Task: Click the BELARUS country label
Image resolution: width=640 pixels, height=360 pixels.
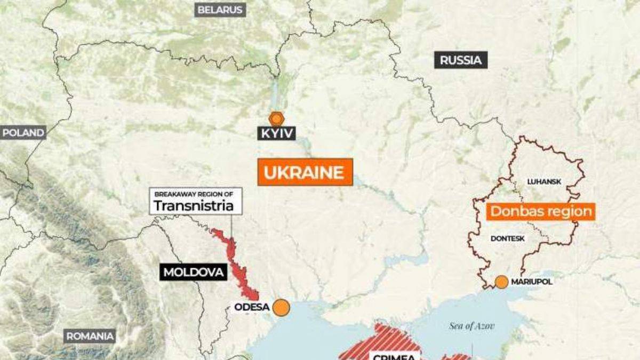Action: [220, 10]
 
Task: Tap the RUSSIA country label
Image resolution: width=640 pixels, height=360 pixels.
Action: [461, 60]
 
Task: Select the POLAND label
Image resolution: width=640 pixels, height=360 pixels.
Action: [23, 133]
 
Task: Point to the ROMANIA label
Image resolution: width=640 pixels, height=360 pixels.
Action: [90, 336]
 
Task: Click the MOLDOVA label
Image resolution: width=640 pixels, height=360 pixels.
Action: [193, 273]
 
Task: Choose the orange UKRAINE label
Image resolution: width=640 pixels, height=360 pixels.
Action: [305, 172]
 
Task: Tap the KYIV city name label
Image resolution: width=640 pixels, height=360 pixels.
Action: [276, 133]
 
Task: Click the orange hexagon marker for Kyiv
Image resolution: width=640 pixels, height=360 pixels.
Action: [276, 118]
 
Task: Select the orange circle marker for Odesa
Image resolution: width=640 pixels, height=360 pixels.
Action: [281, 308]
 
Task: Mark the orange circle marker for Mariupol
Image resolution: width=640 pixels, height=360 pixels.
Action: [501, 282]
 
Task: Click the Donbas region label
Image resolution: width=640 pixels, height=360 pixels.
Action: [540, 211]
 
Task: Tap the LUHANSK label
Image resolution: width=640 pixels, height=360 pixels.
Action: [544, 181]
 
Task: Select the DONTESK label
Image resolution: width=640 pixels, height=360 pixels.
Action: [507, 238]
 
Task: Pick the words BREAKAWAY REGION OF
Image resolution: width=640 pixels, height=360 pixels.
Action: [194, 194]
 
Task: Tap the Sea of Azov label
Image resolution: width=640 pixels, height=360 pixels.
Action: [471, 326]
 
